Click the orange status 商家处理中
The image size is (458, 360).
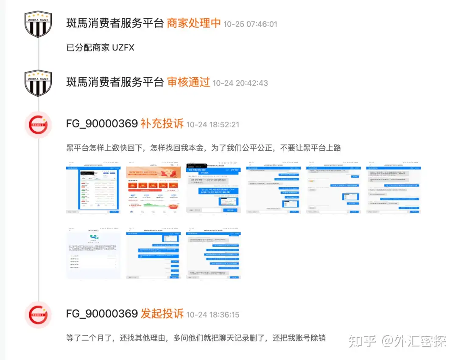(x=194, y=23)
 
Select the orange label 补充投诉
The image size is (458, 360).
(x=162, y=124)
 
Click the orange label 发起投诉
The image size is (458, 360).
(x=162, y=314)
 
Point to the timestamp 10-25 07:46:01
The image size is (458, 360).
(x=250, y=24)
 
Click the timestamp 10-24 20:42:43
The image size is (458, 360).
(x=240, y=83)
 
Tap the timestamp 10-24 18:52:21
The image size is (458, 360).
(x=213, y=125)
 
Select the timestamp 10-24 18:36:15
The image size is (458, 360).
(x=213, y=315)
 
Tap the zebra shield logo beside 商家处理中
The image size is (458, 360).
(x=38, y=24)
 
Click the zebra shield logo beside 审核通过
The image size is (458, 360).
(x=38, y=83)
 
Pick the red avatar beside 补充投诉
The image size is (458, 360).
(x=38, y=125)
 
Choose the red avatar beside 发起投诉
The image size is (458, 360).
(x=38, y=315)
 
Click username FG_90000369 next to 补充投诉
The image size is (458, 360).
(x=102, y=124)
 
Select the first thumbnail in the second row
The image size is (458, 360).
(x=93, y=253)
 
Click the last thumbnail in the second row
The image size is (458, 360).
(x=213, y=253)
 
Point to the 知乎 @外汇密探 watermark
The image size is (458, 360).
(x=397, y=341)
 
